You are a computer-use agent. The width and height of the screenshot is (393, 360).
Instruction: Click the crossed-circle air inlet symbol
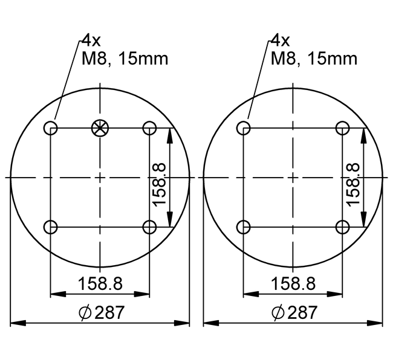(x=100, y=128)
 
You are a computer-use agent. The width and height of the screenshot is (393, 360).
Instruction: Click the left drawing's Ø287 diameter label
(x=101, y=312)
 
